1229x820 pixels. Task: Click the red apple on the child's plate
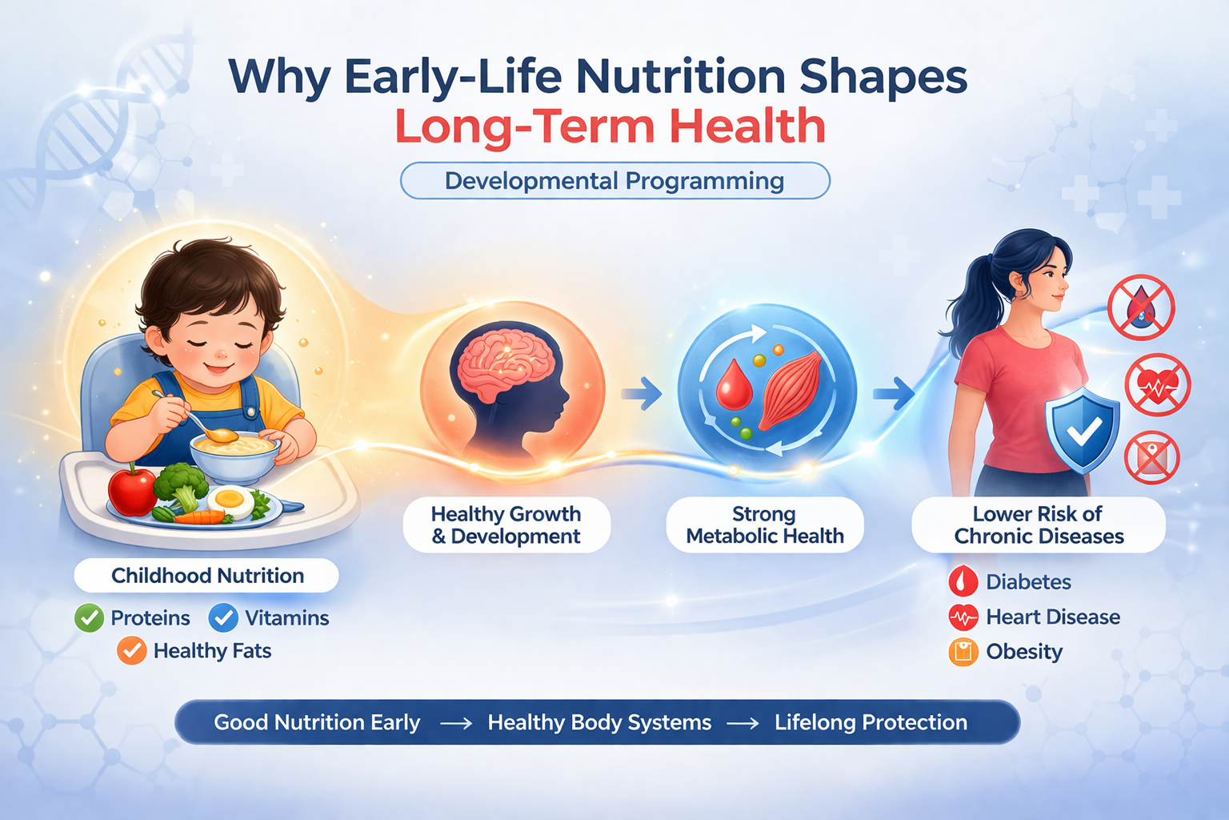(132, 490)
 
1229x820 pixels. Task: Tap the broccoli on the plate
(181, 484)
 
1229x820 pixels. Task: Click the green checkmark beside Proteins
(89, 618)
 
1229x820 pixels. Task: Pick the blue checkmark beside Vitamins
(223, 618)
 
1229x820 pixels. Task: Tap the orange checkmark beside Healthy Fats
(132, 651)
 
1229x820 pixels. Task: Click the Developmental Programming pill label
(614, 181)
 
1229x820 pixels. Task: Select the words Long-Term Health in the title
(610, 127)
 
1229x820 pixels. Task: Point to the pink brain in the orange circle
(503, 363)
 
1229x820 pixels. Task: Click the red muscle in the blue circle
(791, 389)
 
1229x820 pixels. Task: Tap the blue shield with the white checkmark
(1083, 431)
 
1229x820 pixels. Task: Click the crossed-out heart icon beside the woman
(1157, 385)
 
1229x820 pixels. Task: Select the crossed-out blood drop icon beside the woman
(1141, 308)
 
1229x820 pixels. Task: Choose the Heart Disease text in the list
(1052, 617)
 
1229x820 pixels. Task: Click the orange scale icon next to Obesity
(963, 652)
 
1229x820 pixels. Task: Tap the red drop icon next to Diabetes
(963, 581)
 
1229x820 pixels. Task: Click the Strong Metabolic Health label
(765, 525)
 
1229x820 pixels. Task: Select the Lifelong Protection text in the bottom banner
(871, 722)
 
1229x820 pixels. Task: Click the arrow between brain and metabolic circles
(641, 393)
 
